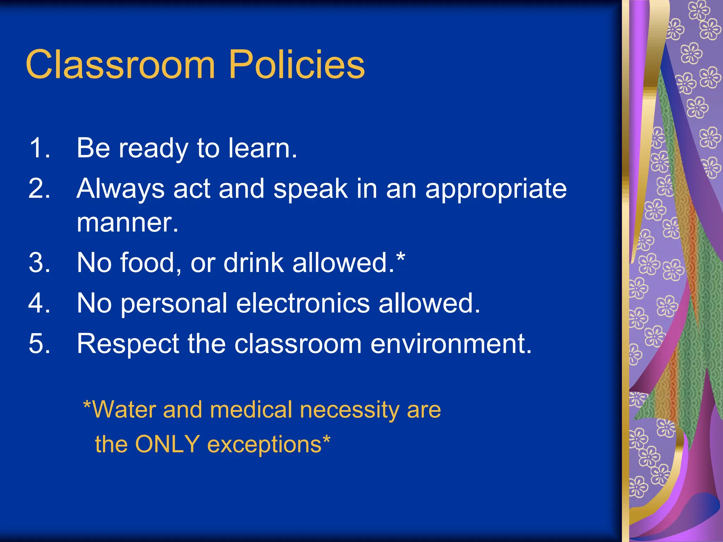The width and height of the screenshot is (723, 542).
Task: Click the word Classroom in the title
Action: [x=120, y=65]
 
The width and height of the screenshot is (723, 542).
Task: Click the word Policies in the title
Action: [x=297, y=65]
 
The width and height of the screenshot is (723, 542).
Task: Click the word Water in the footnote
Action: [x=124, y=410]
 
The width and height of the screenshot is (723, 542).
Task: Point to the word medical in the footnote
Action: [x=251, y=410]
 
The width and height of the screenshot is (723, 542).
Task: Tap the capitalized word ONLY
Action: [x=167, y=444]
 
